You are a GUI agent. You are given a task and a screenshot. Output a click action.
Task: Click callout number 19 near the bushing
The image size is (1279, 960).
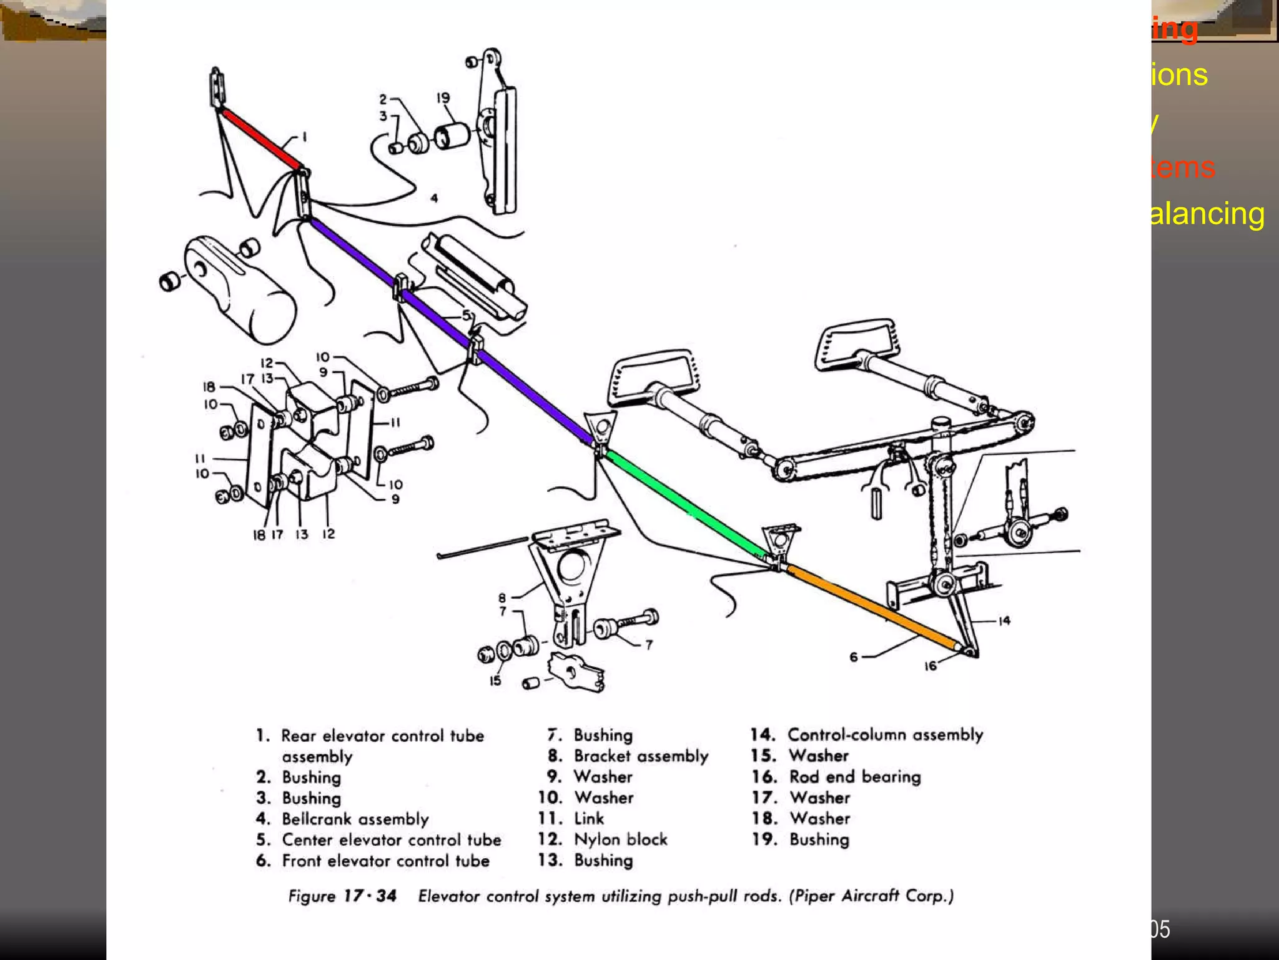tap(443, 98)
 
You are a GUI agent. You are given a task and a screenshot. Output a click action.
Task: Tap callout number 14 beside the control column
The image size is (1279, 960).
tap(1004, 621)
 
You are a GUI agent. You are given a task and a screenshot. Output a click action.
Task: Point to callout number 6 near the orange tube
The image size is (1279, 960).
tap(854, 657)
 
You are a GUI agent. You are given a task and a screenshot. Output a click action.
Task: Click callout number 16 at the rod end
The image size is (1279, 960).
tap(930, 666)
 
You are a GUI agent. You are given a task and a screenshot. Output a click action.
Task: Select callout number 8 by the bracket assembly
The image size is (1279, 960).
tap(501, 597)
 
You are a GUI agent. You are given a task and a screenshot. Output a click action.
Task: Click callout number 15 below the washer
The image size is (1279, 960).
tap(495, 681)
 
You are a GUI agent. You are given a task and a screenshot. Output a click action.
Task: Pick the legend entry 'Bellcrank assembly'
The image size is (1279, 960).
tap(355, 819)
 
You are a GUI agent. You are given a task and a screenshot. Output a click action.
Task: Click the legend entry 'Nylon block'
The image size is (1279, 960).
tap(620, 839)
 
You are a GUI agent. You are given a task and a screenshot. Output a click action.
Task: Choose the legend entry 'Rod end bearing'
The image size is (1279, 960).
tap(854, 777)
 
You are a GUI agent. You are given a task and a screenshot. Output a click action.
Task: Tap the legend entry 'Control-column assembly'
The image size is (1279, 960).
tap(885, 734)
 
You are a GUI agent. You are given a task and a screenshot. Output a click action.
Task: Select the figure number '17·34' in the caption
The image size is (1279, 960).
tap(370, 896)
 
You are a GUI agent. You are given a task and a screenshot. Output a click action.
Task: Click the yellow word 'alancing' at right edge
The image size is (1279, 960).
tap(1207, 214)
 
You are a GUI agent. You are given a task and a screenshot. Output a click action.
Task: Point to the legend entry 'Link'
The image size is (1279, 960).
tap(588, 819)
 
